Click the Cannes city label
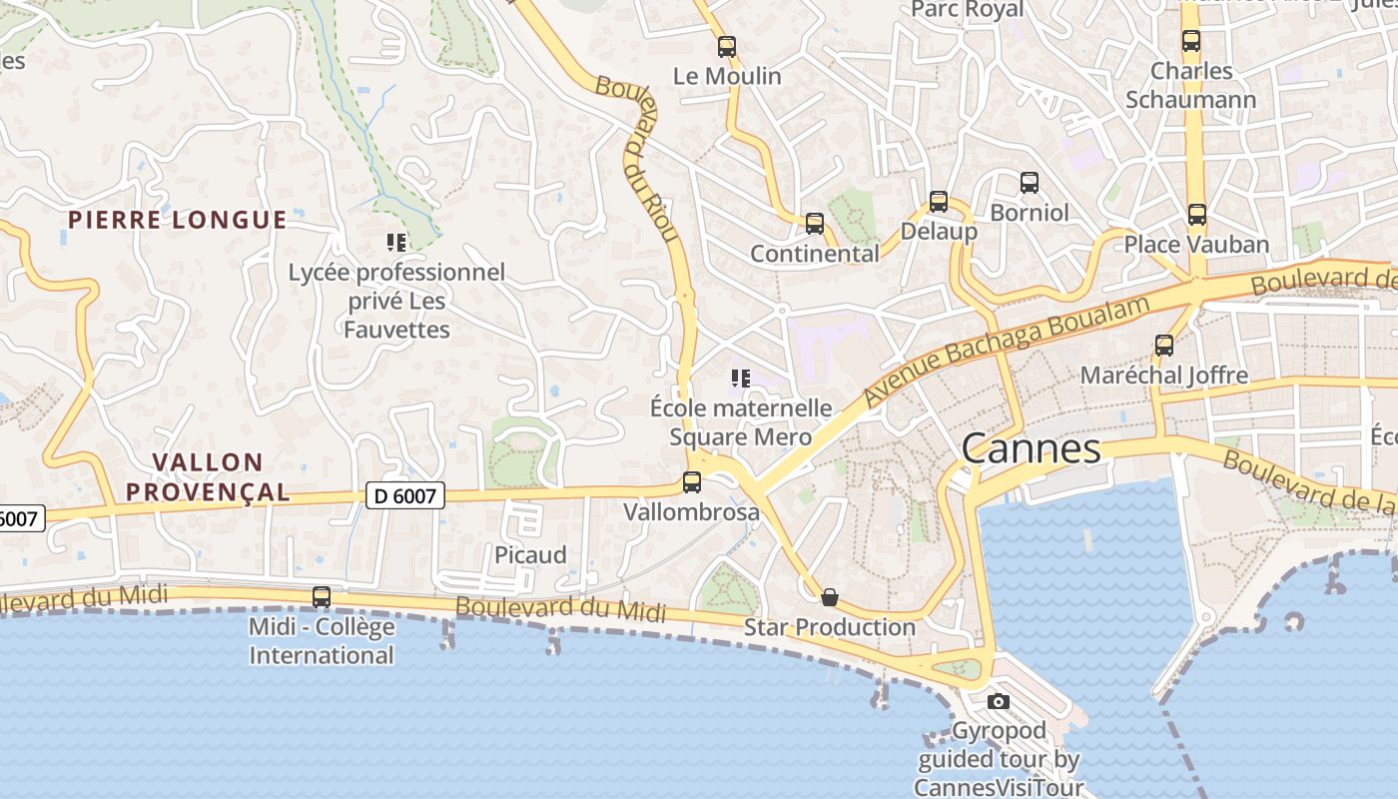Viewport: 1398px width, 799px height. pyautogui.click(x=1031, y=448)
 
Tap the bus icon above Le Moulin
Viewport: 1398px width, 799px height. pyautogui.click(x=727, y=46)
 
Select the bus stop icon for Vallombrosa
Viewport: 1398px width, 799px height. pyautogui.click(x=691, y=482)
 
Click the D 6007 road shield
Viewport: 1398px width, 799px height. pyautogui.click(x=404, y=494)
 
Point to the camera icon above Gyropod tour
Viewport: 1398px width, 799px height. pyautogui.click(x=998, y=701)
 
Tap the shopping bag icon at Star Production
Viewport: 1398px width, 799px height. pyautogui.click(x=829, y=597)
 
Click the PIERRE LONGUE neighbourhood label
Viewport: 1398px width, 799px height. pyautogui.click(x=177, y=220)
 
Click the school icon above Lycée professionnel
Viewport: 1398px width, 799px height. pyautogui.click(x=396, y=242)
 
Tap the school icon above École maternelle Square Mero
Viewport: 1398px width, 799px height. pyautogui.click(x=740, y=378)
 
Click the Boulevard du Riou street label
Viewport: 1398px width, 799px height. pyautogui.click(x=639, y=160)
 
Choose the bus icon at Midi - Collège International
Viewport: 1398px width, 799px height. pyautogui.click(x=321, y=596)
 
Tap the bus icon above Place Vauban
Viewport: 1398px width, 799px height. pyautogui.click(x=1196, y=214)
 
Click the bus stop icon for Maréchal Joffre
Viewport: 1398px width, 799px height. pyautogui.click(x=1163, y=346)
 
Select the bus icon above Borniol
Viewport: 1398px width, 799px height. pyautogui.click(x=1029, y=183)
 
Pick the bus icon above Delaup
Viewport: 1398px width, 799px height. pyautogui.click(x=938, y=201)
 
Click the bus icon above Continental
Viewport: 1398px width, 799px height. pyautogui.click(x=815, y=223)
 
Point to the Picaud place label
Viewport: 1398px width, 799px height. pyautogui.click(x=530, y=555)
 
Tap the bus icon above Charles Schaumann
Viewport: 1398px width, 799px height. pyautogui.click(x=1190, y=41)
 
